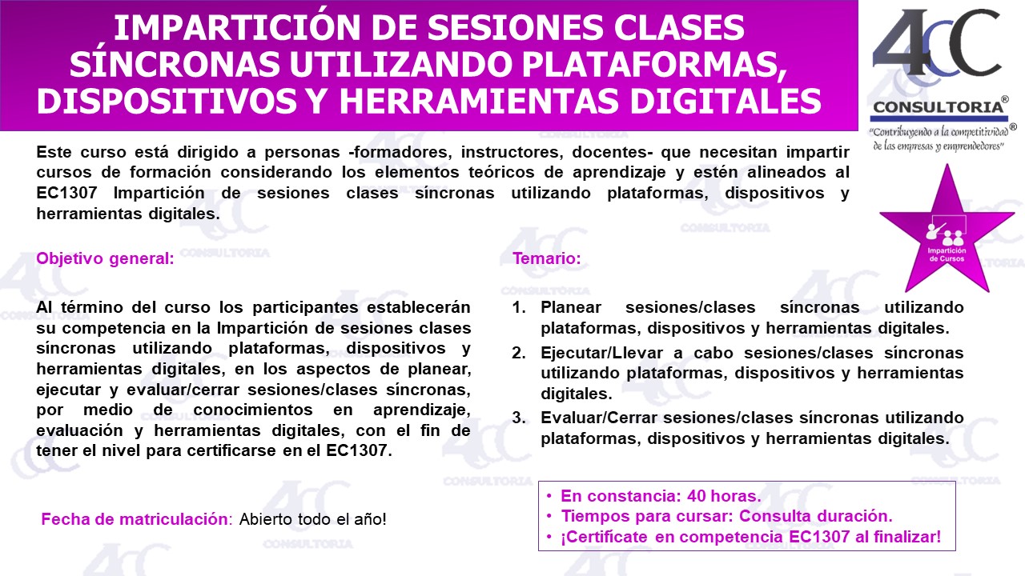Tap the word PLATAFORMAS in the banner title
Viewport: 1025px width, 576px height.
click(x=654, y=65)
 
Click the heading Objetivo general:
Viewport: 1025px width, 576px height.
click(x=105, y=258)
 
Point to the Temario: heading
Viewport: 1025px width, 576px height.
click(x=547, y=258)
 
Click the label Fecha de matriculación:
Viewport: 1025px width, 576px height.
click(x=137, y=519)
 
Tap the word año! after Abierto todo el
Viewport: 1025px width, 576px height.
click(x=370, y=519)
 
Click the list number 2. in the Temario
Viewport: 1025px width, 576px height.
click(x=519, y=353)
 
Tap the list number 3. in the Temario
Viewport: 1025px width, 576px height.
click(x=519, y=418)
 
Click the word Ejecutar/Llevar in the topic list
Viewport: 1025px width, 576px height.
click(x=601, y=353)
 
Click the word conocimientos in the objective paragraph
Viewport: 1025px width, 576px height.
click(x=252, y=410)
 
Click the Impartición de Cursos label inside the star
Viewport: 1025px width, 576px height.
click(x=947, y=254)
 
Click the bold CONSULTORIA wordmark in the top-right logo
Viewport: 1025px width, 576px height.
click(x=939, y=107)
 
